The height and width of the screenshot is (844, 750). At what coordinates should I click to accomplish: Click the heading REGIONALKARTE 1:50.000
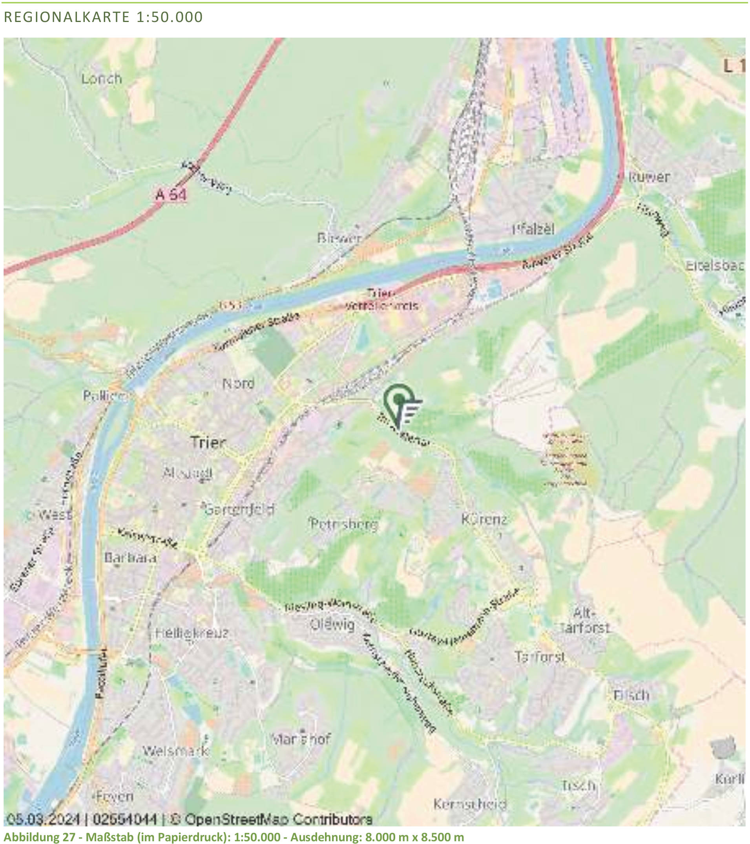tap(103, 17)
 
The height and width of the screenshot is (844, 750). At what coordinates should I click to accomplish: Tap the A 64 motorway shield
tap(171, 194)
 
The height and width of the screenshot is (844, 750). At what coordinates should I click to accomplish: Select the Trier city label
tap(208, 443)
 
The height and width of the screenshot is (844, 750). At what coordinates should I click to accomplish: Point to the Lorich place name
tap(102, 79)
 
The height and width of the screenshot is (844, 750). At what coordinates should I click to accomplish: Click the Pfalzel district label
tap(533, 230)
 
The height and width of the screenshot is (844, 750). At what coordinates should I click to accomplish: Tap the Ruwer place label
tap(648, 177)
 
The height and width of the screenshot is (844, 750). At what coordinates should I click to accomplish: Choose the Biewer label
tap(339, 238)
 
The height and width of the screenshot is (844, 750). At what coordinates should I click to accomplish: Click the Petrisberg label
tap(344, 524)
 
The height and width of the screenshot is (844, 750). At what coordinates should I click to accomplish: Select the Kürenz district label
tap(484, 519)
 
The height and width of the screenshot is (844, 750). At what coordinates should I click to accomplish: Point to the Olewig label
tap(332, 624)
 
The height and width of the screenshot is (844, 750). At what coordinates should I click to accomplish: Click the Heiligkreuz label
tap(192, 633)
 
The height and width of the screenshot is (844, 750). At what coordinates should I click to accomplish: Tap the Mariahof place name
tap(300, 739)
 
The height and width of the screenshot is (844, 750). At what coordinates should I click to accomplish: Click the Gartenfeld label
tap(239, 510)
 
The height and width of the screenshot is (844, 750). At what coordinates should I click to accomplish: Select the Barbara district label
tap(130, 558)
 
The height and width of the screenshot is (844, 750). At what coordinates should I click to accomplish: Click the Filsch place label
tap(631, 696)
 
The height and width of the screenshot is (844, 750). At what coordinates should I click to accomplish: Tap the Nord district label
tap(238, 384)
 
